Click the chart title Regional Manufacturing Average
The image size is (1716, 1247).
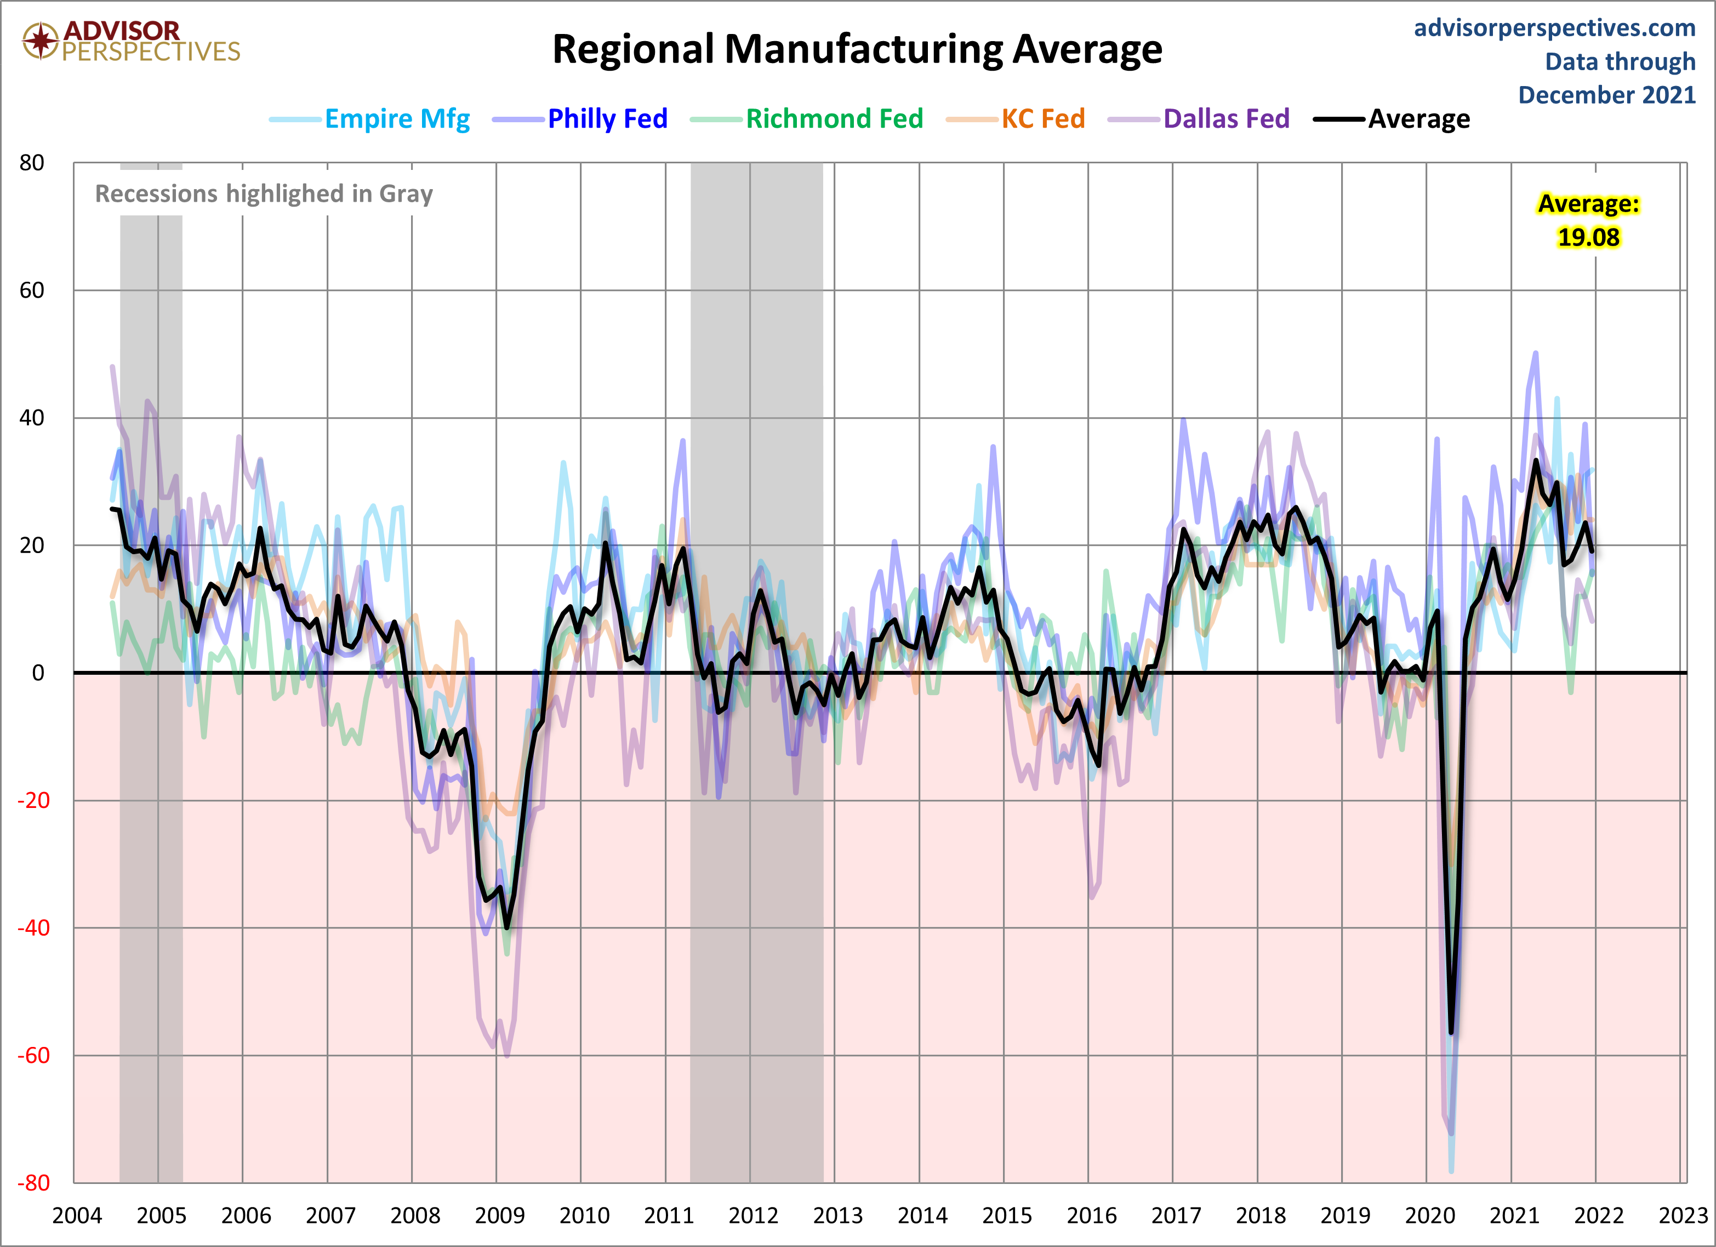[x=857, y=50]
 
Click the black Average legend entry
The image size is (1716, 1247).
[x=1418, y=119]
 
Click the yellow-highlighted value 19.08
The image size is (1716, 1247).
[x=1588, y=237]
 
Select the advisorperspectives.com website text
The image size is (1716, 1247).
[x=1554, y=28]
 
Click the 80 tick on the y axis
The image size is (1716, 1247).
[x=32, y=163]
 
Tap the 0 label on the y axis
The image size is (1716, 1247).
[x=38, y=673]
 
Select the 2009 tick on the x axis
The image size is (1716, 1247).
[x=499, y=1216]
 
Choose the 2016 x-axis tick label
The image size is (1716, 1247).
[x=1091, y=1216]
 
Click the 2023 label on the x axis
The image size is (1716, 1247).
[x=1683, y=1216]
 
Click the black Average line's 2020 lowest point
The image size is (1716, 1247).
[x=1450, y=1032]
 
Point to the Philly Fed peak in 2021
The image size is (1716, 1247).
[x=1536, y=352]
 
